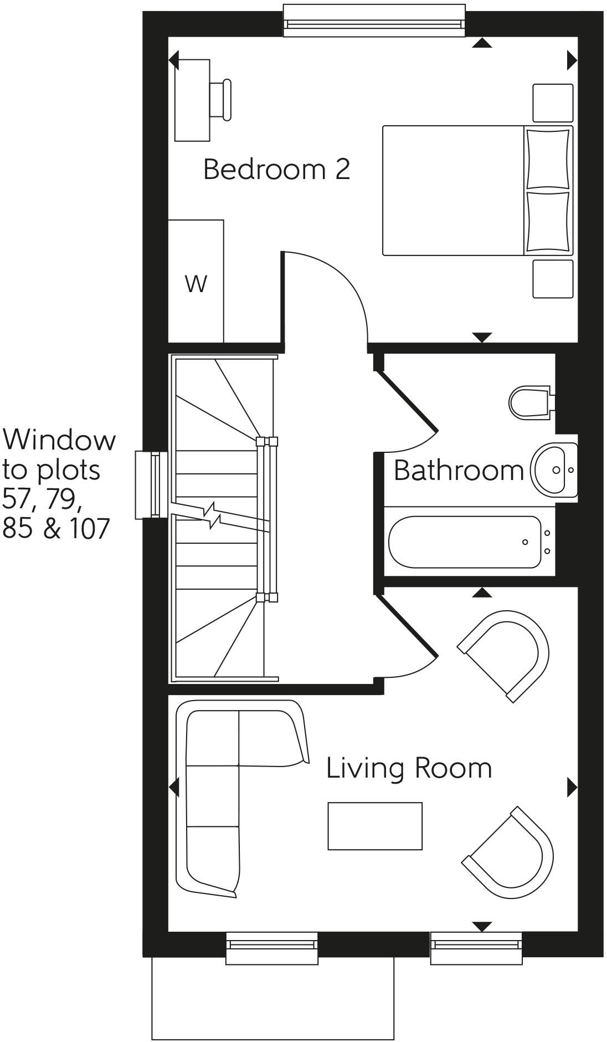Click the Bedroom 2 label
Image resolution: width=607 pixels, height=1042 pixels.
(276, 169)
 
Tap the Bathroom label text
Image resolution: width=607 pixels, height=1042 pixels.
(458, 471)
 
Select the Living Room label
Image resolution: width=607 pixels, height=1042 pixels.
(409, 768)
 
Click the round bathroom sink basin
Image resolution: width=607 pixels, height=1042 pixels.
(554, 471)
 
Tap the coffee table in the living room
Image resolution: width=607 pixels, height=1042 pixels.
(374, 826)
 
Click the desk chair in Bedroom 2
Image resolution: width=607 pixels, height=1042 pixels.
(220, 100)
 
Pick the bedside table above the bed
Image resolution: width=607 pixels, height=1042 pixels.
(552, 103)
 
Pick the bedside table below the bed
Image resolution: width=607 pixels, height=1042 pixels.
(552, 279)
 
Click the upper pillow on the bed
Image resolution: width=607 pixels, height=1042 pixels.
(547, 159)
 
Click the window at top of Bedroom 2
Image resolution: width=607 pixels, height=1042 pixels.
(374, 21)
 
